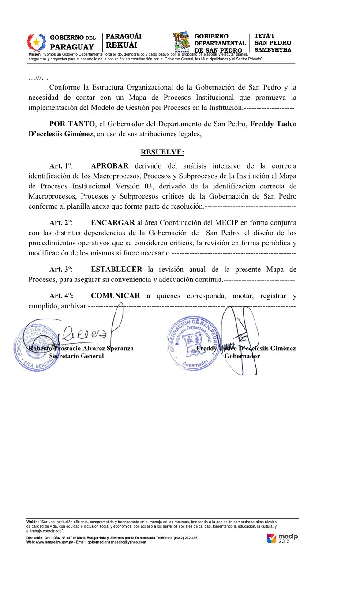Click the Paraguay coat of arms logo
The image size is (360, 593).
tap(37, 42)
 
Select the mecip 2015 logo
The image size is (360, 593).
tap(282, 538)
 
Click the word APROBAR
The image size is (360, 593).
tap(110, 166)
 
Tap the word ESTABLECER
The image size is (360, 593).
tap(116, 269)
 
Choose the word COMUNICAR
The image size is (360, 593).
tap(116, 296)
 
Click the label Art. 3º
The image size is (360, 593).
tap(61, 269)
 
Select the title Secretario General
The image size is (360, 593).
tap(76, 356)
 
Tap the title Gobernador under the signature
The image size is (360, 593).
tap(242, 356)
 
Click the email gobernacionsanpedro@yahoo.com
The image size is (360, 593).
tap(117, 542)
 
